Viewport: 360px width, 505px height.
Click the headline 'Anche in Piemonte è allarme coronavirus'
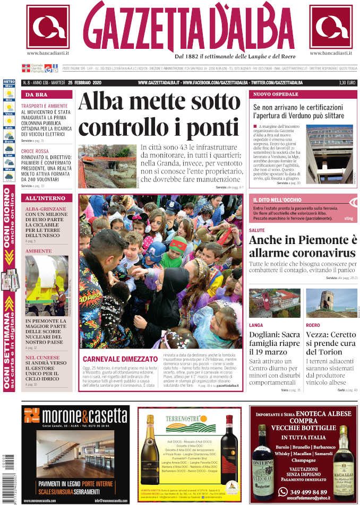303,246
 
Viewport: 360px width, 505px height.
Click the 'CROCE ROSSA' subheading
35,151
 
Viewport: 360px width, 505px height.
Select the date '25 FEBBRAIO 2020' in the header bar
84,83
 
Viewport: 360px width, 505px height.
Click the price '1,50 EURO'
347,83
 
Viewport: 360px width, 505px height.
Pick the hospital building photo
329,154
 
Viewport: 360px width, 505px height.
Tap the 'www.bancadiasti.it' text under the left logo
48,54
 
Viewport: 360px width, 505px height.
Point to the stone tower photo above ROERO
331,302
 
